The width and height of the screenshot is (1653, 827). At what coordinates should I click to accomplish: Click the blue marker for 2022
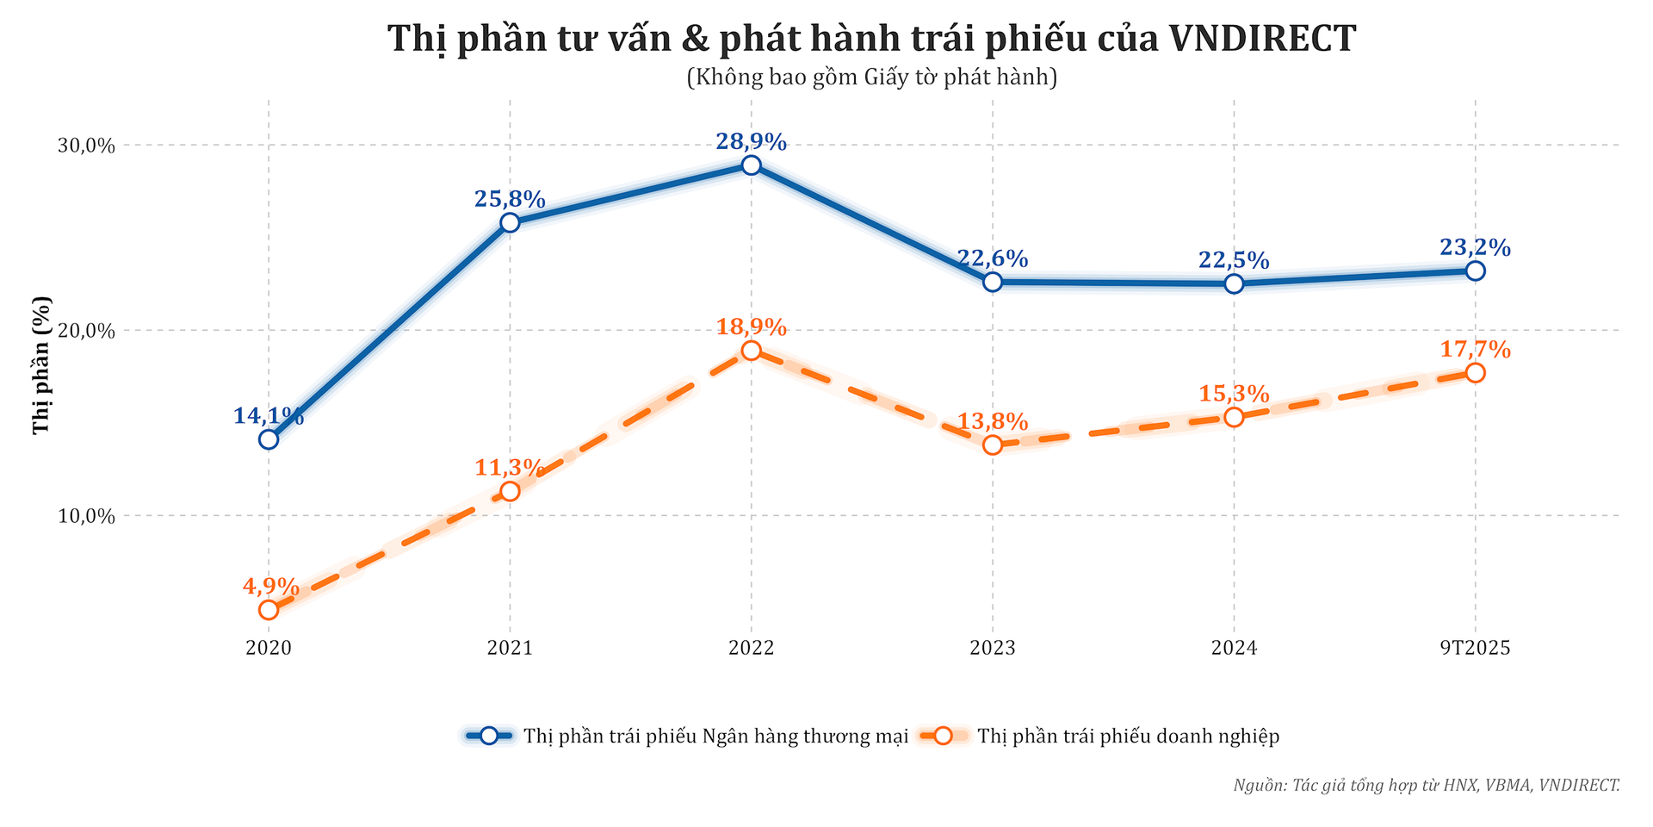(x=751, y=165)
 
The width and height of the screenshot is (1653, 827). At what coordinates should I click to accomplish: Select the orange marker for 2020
(x=269, y=610)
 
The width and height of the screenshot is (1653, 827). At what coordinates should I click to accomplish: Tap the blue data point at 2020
(x=269, y=439)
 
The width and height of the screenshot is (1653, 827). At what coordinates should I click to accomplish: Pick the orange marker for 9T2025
(x=1475, y=373)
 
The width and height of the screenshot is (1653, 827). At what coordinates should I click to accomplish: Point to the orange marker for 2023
(x=993, y=445)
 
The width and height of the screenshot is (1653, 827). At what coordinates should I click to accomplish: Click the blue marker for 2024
(x=1234, y=283)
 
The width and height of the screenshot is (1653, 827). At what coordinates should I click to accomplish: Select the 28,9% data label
(x=751, y=142)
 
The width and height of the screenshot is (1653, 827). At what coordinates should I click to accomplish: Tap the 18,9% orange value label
(x=751, y=327)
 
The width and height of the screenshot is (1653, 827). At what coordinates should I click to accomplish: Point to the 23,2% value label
(x=1475, y=248)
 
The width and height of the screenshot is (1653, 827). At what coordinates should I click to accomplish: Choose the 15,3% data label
(x=1234, y=395)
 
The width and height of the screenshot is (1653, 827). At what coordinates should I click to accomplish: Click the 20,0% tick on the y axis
(x=86, y=331)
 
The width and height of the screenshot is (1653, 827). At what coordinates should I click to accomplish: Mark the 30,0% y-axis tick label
(x=86, y=146)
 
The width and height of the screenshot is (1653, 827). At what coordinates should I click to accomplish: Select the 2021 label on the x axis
(x=510, y=648)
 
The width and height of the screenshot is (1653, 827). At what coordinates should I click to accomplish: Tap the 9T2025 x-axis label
(x=1475, y=648)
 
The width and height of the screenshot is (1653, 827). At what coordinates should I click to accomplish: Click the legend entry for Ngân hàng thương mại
(x=715, y=737)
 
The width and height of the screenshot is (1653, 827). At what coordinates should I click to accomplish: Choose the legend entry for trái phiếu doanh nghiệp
(x=1129, y=737)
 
